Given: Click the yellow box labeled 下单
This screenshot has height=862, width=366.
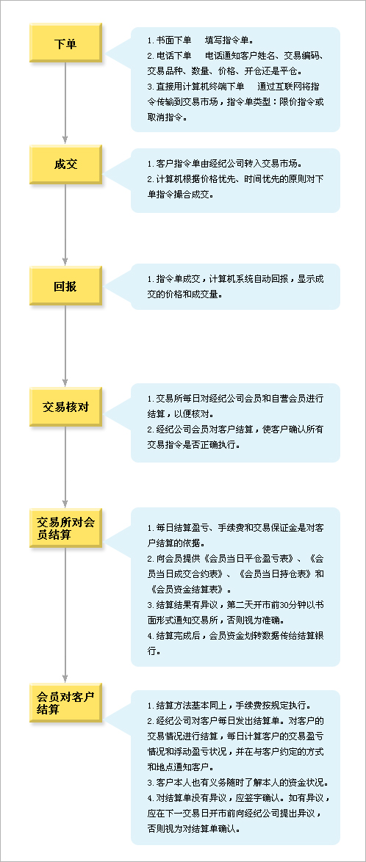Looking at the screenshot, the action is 65,43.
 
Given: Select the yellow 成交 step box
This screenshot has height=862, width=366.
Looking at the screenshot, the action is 65,164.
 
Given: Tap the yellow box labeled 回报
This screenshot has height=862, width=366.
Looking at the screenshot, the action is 65,286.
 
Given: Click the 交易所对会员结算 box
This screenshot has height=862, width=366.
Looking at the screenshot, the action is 65,527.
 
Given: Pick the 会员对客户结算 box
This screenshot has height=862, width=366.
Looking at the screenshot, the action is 65,703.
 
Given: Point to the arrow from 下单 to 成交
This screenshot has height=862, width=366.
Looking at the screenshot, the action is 65,104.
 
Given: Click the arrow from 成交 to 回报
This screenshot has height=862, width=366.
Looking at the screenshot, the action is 65,225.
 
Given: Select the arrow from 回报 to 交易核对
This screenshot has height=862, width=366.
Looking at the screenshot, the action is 65,346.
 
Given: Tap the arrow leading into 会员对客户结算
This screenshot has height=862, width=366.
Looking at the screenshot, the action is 65,615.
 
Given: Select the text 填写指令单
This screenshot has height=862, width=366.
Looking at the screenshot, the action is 227,40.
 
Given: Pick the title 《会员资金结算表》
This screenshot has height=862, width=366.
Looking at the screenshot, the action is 187,589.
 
